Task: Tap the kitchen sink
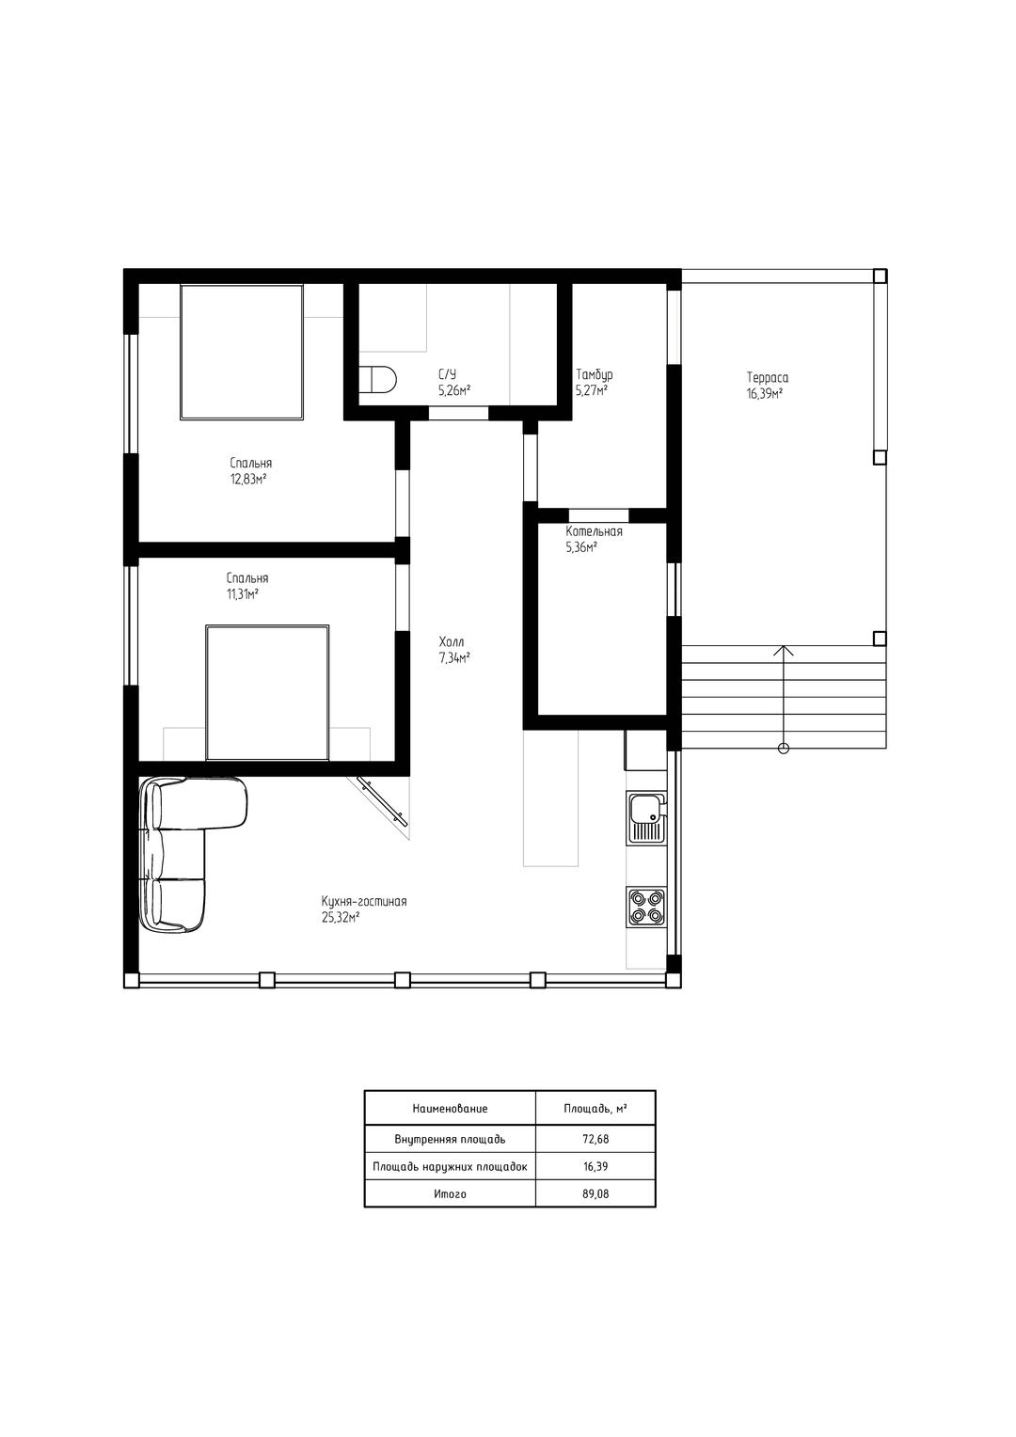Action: [x=647, y=817]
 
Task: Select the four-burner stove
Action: [x=646, y=908]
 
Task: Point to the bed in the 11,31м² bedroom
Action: [x=267, y=692]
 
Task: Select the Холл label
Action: [x=452, y=641]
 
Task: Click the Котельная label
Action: [x=594, y=531]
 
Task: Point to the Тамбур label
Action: [x=595, y=374]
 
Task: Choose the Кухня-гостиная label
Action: [x=364, y=901]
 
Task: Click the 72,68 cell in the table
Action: [x=595, y=1139]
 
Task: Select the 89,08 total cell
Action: [x=595, y=1193]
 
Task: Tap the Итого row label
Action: [x=450, y=1193]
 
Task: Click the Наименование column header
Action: [x=450, y=1108]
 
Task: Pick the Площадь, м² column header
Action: [x=595, y=1108]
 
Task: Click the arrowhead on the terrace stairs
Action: [x=783, y=650]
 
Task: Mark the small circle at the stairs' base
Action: [x=783, y=748]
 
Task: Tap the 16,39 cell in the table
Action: [x=595, y=1166]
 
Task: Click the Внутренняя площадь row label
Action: [x=450, y=1139]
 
